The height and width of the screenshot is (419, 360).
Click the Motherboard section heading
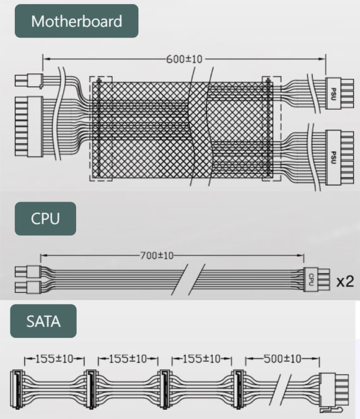point(76,21)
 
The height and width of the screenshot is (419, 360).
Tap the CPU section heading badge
point(45,218)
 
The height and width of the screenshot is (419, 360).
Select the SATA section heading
point(44,321)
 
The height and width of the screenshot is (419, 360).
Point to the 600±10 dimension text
point(184,59)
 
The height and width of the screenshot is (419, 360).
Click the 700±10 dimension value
point(157,256)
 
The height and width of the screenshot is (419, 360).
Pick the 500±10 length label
point(282,358)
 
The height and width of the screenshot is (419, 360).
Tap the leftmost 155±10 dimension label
point(54,358)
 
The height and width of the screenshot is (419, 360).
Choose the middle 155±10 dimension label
point(128,358)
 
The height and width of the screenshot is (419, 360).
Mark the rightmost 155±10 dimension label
point(201,358)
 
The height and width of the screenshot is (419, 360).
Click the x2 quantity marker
point(345,281)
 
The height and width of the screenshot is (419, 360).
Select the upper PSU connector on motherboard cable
point(339,93)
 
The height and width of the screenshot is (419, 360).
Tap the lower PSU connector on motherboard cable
point(339,158)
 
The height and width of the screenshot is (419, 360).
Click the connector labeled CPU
point(316,280)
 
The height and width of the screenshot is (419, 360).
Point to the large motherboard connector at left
point(28,127)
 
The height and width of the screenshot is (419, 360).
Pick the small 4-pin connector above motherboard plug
point(28,81)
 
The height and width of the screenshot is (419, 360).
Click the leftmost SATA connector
point(17,389)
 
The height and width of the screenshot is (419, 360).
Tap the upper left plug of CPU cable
point(28,271)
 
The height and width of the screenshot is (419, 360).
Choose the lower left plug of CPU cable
point(28,287)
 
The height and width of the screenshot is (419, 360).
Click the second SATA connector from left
point(91,389)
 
